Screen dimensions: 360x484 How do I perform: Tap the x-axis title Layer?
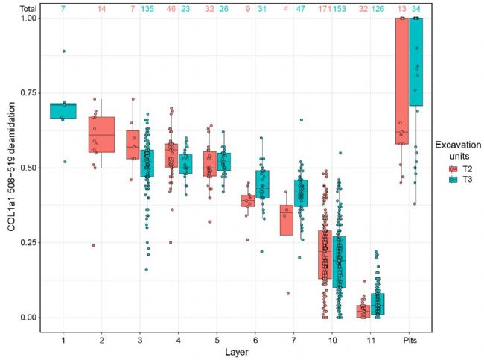(236, 350)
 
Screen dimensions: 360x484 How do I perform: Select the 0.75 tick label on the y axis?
(26, 92)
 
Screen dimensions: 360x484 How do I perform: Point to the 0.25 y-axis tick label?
(26, 242)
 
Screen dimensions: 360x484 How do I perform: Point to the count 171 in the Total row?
(325, 10)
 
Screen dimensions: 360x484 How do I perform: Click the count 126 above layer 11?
(378, 10)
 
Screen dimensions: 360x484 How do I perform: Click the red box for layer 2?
(102, 134)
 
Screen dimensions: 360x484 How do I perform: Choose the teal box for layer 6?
(262, 183)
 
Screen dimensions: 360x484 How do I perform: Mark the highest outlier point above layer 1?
(64, 51)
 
